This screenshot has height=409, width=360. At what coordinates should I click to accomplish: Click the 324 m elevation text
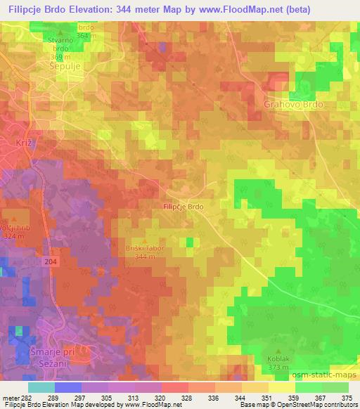click(14, 236)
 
